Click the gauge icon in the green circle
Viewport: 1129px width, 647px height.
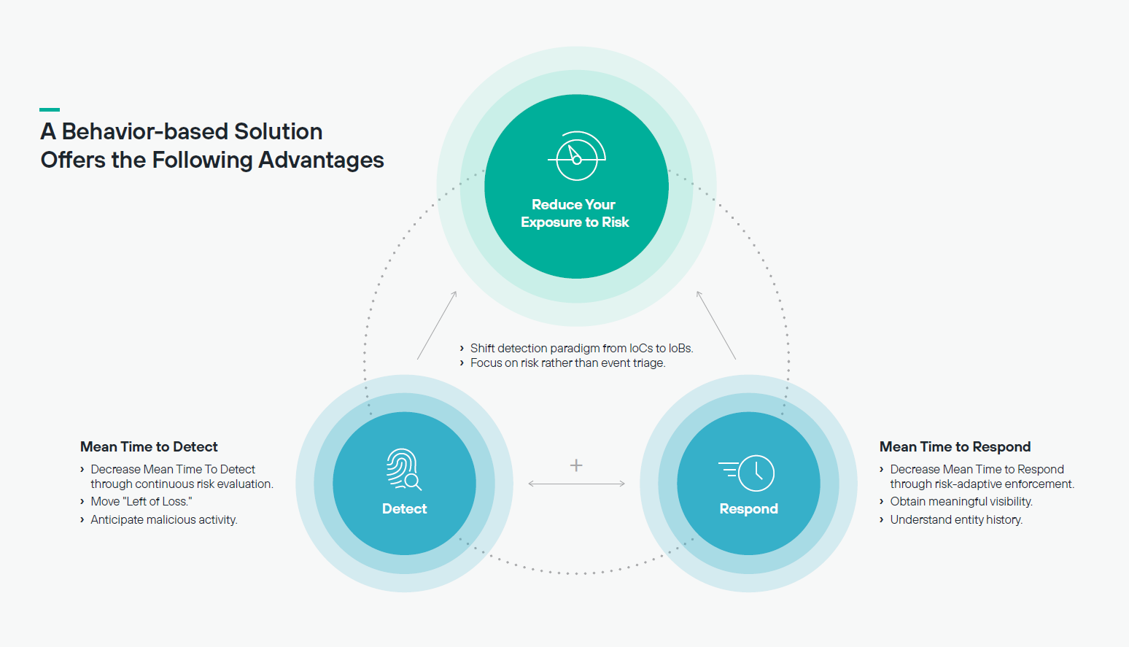577,155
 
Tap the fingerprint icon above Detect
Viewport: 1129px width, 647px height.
404,469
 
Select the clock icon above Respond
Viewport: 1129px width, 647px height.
747,473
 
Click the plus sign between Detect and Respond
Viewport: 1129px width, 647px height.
576,465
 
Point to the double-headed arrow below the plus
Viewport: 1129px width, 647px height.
577,484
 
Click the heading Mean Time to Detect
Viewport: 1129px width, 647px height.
149,447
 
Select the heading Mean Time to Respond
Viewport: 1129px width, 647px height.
955,447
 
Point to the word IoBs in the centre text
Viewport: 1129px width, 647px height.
681,348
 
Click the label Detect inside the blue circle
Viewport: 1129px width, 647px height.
404,509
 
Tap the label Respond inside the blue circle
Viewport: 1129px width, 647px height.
748,509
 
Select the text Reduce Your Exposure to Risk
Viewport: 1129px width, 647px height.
575,213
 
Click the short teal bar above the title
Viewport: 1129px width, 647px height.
50,109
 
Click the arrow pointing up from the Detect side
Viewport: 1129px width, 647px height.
437,325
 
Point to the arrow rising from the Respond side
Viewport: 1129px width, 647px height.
716,325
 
